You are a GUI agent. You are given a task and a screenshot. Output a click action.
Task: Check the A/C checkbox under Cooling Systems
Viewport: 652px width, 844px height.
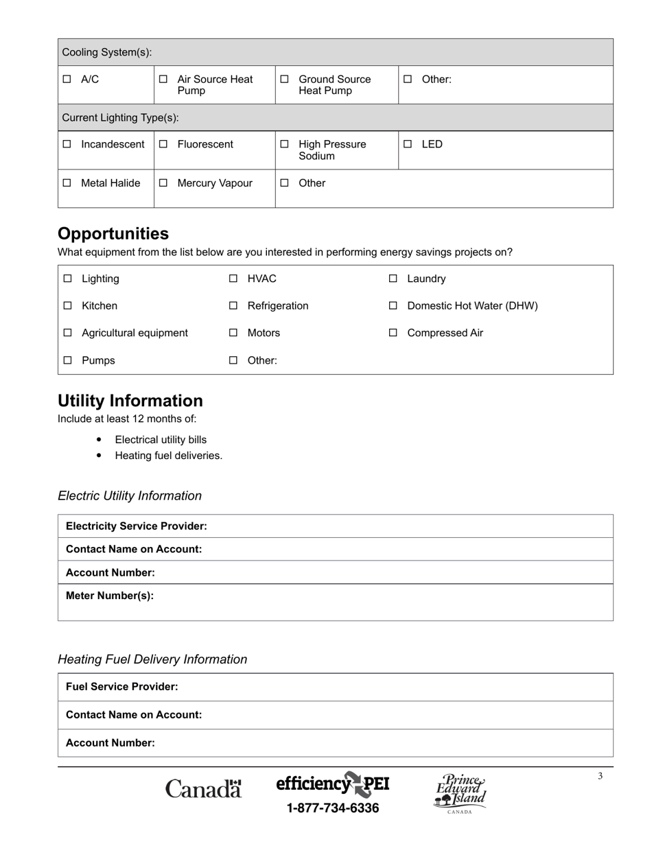[x=67, y=80]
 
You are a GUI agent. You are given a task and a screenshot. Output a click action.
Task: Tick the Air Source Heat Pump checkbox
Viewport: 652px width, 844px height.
[x=163, y=80]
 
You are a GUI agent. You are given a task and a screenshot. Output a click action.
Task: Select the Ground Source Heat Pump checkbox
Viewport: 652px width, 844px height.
[x=284, y=80]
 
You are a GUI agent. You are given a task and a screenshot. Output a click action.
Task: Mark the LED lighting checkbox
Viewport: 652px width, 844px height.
[x=408, y=145]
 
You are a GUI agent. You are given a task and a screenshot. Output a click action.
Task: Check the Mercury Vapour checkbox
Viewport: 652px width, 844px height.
[x=163, y=183]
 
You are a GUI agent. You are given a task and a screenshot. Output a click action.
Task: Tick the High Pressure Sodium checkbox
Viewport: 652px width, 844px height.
[x=284, y=145]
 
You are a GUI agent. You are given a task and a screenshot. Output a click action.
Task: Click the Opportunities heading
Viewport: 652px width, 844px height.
[x=113, y=233]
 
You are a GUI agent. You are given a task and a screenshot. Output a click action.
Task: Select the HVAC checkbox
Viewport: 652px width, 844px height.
[x=233, y=279]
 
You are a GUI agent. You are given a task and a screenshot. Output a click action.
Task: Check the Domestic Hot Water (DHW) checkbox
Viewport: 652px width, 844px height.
[x=393, y=306]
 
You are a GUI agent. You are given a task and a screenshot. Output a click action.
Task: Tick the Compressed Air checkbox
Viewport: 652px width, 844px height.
[x=393, y=333]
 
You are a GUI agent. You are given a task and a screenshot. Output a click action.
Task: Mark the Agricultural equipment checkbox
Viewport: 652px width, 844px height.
[x=68, y=333]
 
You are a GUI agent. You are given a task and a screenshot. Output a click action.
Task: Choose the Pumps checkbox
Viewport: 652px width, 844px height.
[x=68, y=360]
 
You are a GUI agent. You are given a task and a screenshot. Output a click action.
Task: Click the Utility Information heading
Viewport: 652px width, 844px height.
[x=130, y=401]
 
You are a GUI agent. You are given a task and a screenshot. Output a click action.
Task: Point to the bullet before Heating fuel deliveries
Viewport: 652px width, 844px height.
[x=100, y=456]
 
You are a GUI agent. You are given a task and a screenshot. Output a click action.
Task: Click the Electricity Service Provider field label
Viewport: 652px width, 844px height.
[x=137, y=526]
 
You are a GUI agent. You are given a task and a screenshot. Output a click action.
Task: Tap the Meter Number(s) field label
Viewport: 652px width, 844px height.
[x=110, y=596]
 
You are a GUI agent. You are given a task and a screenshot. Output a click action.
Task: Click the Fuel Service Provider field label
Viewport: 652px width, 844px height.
[x=122, y=687]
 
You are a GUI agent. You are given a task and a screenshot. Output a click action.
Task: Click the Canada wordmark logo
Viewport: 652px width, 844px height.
[x=204, y=788]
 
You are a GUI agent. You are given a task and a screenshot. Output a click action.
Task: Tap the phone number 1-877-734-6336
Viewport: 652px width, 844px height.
[x=333, y=808]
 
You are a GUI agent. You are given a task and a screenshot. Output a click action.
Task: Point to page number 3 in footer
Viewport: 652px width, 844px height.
[x=600, y=776]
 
